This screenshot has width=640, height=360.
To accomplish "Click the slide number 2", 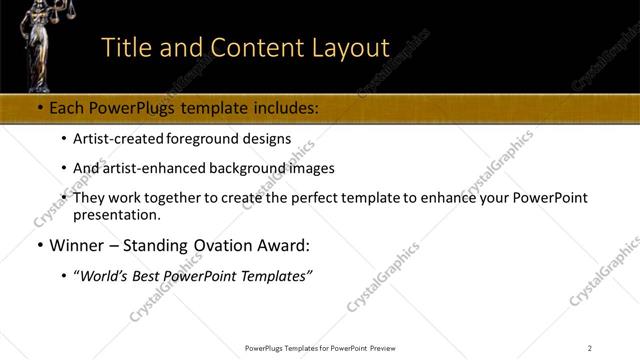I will coord(590,347).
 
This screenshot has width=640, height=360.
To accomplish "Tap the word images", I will coord(312,168).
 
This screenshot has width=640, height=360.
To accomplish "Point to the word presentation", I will coord(117,214).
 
